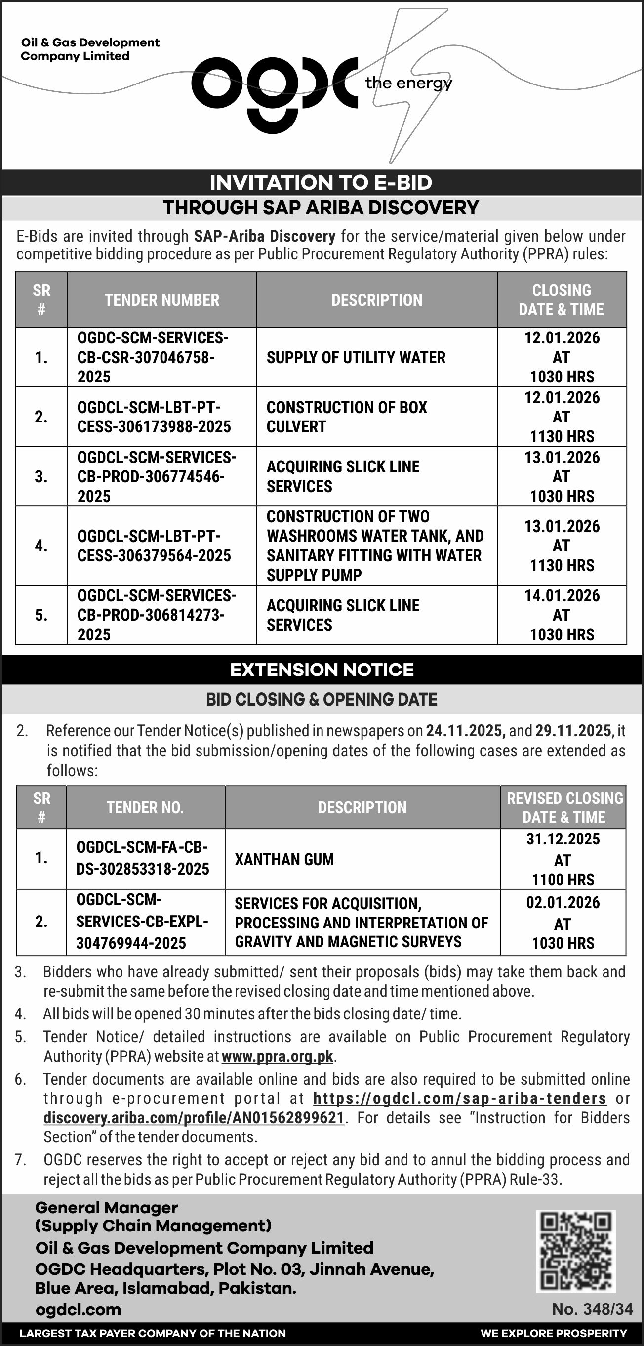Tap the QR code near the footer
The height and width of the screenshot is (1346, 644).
pyautogui.click(x=575, y=1251)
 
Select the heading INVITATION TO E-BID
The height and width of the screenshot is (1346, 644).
pyautogui.click(x=321, y=182)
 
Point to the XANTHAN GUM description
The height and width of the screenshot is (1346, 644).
pyautogui.click(x=284, y=860)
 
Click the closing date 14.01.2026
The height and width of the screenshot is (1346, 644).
pyautogui.click(x=562, y=595)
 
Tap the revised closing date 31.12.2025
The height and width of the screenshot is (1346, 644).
pyautogui.click(x=563, y=839)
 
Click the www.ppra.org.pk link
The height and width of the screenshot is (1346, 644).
pyautogui.click(x=278, y=1056)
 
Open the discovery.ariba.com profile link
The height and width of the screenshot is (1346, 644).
pyautogui.click(x=194, y=1118)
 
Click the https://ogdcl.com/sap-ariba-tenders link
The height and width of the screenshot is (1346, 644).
pyautogui.click(x=460, y=1098)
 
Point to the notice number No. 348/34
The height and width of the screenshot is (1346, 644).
pyautogui.click(x=592, y=1309)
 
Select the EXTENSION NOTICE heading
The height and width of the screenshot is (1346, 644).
pyautogui.click(x=322, y=670)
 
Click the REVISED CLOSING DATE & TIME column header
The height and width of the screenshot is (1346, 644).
pyautogui.click(x=563, y=807)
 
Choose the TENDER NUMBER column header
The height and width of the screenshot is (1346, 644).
pyautogui.click(x=162, y=300)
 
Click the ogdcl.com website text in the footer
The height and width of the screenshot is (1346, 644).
pyautogui.click(x=79, y=1309)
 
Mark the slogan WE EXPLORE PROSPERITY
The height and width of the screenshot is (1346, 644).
pyautogui.click(x=554, y=1334)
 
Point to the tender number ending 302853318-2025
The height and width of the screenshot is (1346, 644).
pyautogui.click(x=143, y=859)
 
